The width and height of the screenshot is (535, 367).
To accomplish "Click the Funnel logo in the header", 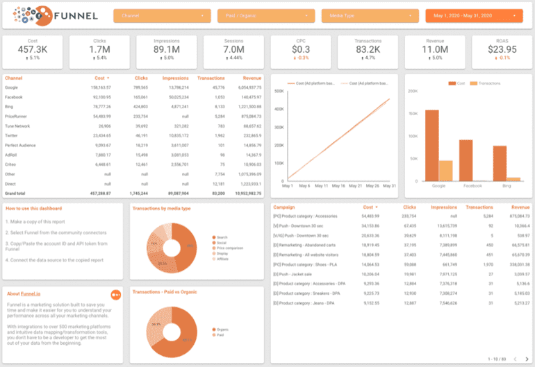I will tap(49, 15).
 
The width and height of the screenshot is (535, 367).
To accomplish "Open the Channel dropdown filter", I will tap(163, 15).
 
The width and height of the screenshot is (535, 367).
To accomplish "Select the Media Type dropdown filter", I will tap(369, 15).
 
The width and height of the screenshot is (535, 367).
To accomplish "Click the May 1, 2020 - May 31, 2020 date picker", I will tap(473, 15).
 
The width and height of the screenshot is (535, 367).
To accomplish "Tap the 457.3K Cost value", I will tap(33, 49).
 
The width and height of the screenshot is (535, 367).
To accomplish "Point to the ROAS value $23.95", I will tap(502, 49).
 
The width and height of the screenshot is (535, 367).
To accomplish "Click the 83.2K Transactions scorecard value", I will tap(368, 49).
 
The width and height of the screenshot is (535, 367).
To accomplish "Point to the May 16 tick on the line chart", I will tap(340, 186).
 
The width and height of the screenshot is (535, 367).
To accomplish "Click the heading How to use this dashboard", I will tap(34, 208).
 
